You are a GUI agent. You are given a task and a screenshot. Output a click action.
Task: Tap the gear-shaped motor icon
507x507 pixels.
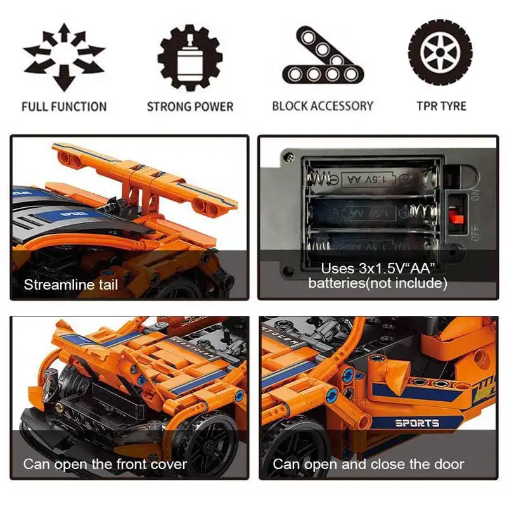coord(190,58)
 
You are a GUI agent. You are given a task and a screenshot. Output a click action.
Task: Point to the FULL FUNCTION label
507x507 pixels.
coord(64,106)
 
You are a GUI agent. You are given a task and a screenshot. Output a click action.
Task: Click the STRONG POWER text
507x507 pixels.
coord(190,106)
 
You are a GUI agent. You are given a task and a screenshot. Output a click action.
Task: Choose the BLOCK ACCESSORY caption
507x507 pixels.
coord(323,106)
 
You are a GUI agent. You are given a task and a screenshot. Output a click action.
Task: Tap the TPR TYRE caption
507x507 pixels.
coord(441,106)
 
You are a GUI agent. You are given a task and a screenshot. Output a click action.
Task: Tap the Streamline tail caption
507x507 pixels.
coord(71,285)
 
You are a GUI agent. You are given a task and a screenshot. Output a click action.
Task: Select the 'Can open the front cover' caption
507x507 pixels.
coord(105,464)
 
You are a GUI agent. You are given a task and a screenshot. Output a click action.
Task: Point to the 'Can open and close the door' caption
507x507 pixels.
coord(368,464)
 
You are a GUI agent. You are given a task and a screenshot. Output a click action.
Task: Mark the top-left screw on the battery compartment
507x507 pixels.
coord(289,154)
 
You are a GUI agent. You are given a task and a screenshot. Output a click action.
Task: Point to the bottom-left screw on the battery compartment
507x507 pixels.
coord(288,271)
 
